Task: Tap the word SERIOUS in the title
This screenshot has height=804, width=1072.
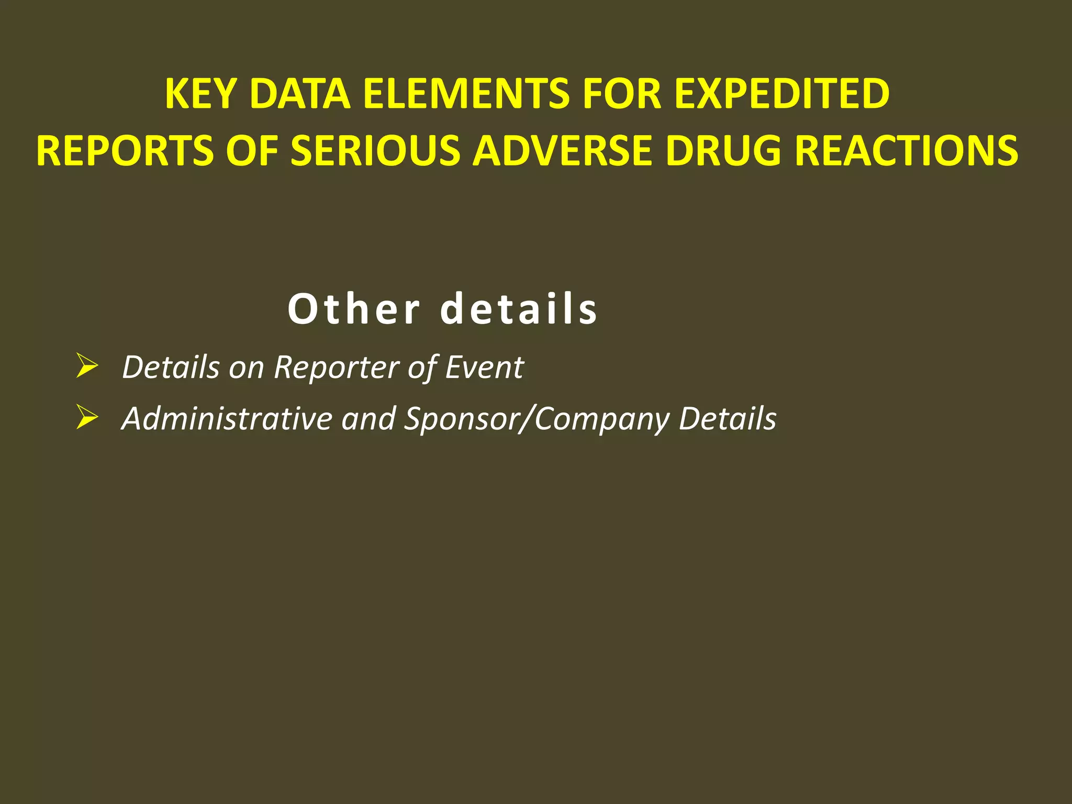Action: click(x=375, y=151)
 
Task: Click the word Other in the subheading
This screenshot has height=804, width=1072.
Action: click(x=354, y=309)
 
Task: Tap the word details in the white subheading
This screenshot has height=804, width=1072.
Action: click(x=519, y=309)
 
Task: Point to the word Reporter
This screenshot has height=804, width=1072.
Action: click(x=338, y=367)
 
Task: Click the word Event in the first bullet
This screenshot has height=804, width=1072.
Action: click(x=484, y=367)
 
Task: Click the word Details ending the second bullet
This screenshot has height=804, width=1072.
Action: click(x=728, y=419)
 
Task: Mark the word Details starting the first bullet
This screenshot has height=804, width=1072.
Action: click(x=171, y=367)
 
